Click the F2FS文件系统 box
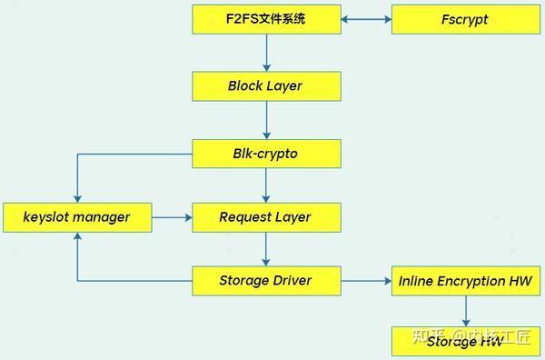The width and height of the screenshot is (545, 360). tap(266, 19)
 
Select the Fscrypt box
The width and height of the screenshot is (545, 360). tap(466, 19)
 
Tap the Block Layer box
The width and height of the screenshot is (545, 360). tap(266, 86)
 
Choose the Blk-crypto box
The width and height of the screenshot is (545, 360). tap(266, 154)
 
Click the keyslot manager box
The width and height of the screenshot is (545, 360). tap(77, 217)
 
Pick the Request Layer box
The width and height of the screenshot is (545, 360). tap(266, 217)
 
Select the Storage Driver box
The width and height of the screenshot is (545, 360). tap(266, 281)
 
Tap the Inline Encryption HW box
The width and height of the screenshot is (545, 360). tap(466, 281)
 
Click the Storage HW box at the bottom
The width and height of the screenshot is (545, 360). tap(466, 341)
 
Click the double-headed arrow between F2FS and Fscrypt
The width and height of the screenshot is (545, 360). tap(366, 19)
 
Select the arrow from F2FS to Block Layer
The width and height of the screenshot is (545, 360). tap(266, 53)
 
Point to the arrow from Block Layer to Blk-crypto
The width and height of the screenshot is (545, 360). tap(266, 120)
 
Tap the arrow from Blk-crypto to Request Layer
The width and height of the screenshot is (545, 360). tap(266, 185)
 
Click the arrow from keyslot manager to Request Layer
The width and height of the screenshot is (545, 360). tap(173, 217)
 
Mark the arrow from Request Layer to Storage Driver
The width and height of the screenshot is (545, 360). tap(266, 249)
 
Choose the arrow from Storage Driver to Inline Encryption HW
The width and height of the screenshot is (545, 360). tap(366, 281)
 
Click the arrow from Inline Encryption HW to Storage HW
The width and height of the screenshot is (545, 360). tap(466, 311)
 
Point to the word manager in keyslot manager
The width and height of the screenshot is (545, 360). tap(101, 217)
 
